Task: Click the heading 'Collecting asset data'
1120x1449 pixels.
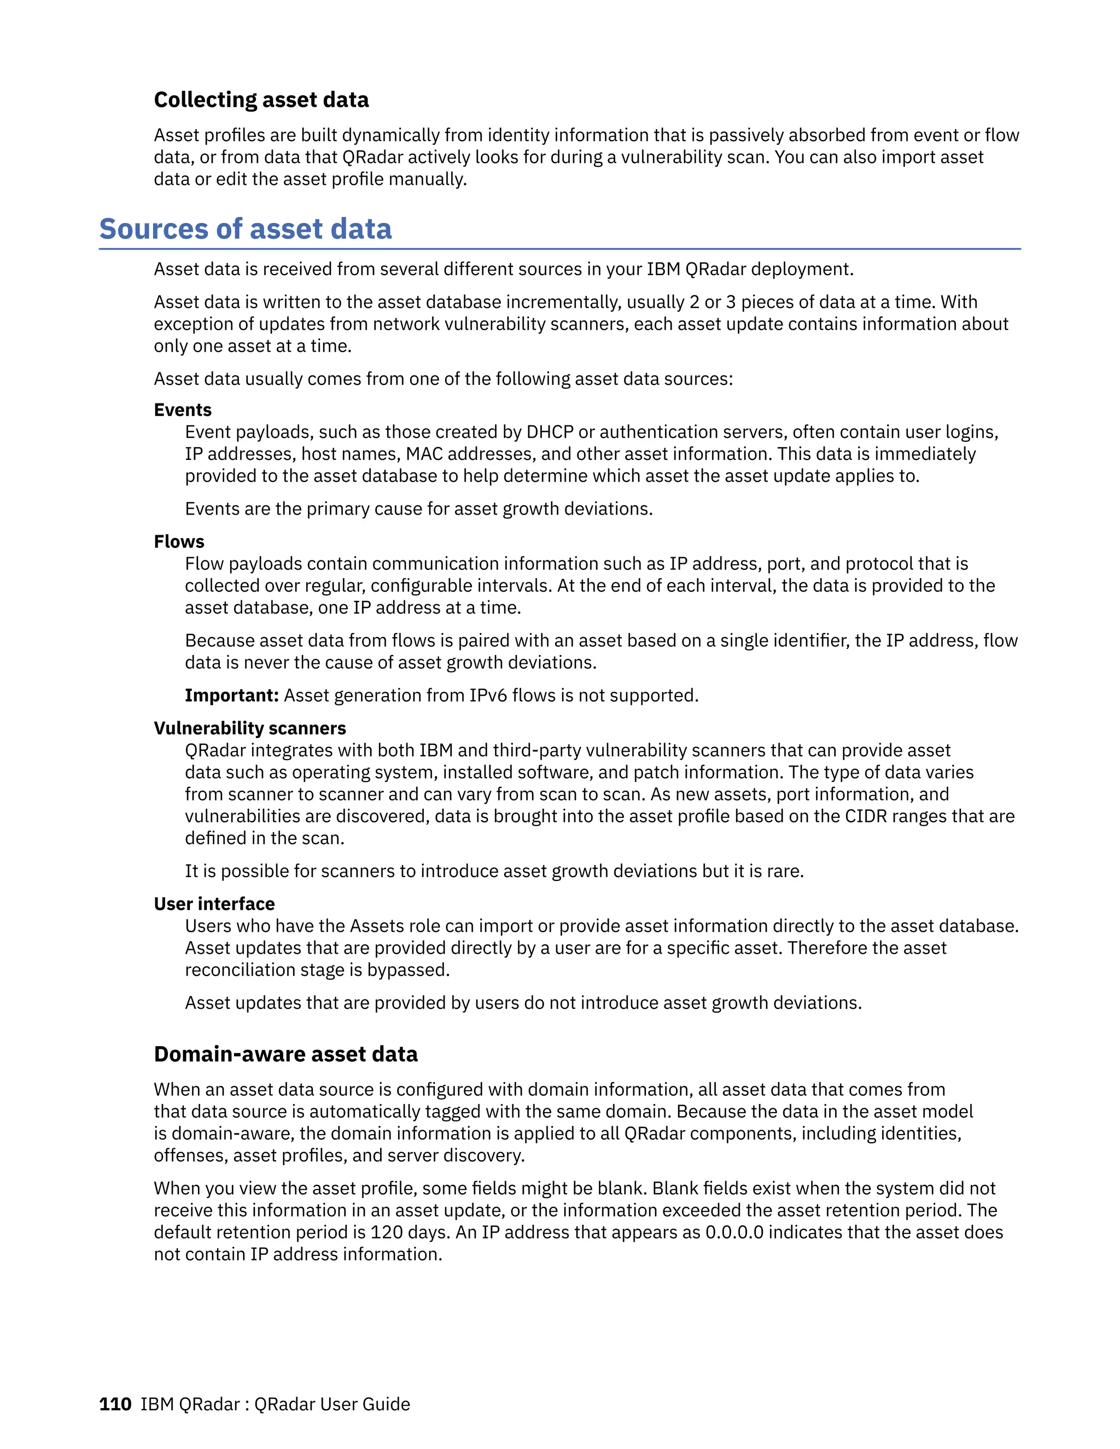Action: point(261,100)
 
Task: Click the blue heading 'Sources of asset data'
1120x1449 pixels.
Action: point(245,229)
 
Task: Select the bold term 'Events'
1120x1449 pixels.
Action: point(183,410)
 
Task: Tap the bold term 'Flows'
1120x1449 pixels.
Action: point(179,541)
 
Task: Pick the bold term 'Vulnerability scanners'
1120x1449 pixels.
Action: point(249,728)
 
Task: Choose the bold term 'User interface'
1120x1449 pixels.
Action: point(214,904)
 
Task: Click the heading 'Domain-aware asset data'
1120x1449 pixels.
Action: point(285,1054)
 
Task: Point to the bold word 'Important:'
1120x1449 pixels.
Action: point(231,696)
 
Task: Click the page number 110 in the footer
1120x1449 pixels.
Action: point(115,1404)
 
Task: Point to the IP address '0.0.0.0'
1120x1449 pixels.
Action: point(734,1232)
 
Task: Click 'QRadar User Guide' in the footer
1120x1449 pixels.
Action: point(332,1404)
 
